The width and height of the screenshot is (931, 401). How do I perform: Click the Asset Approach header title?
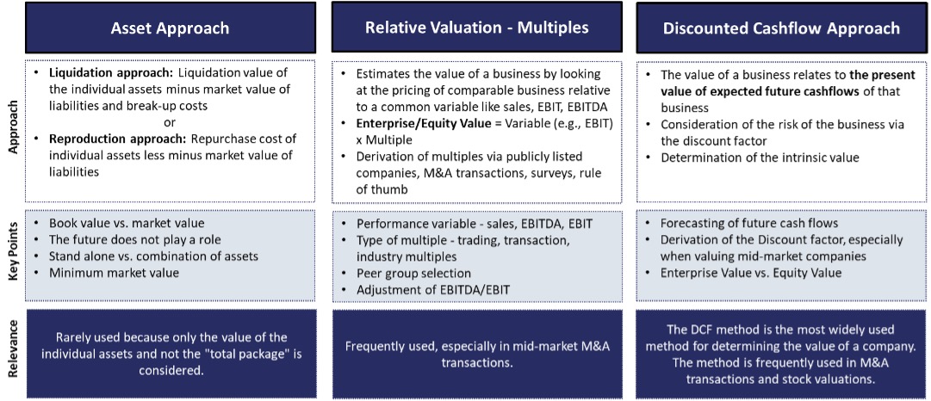[170, 28]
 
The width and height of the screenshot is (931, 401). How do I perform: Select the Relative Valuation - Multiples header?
[476, 28]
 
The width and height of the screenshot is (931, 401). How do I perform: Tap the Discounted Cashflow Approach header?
[781, 28]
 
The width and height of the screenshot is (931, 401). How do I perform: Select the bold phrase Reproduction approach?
[118, 139]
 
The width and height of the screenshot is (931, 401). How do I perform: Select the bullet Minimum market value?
[114, 272]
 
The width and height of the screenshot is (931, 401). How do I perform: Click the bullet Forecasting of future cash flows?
[748, 223]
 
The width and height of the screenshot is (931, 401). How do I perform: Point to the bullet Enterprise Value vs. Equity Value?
[751, 272]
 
